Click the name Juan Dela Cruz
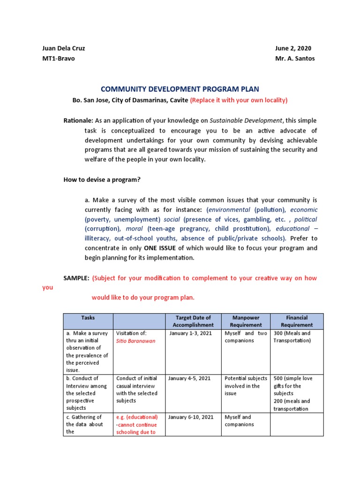64,48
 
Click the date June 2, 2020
293,48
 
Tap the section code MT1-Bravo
59,59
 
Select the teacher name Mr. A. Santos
295,59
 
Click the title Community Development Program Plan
180,89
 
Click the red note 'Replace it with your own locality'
239,100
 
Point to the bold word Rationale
78,120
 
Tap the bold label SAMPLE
76,278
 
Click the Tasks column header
88,318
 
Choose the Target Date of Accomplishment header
193,321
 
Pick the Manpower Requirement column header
246,321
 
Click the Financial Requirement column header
296,321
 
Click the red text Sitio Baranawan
135,341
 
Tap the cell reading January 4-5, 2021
189,378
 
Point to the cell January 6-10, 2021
191,417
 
